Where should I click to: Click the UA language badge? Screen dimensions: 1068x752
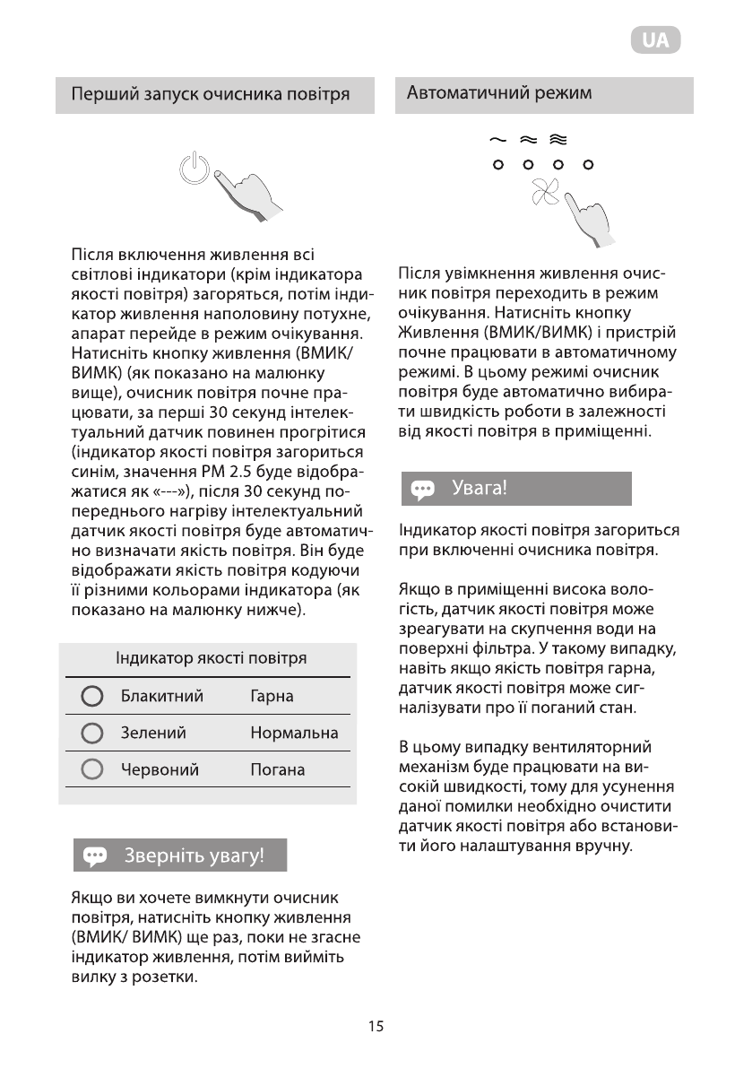pos(655,41)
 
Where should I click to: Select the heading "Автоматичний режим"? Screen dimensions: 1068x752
pos(499,93)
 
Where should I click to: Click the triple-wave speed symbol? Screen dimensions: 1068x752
pos(558,140)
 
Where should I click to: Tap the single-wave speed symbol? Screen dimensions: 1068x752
pos(497,140)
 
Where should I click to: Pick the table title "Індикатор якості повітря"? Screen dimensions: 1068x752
pos(211,658)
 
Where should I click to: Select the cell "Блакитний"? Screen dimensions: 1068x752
pos(162,697)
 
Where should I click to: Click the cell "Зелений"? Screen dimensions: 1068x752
pos(153,733)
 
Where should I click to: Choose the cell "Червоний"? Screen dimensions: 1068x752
pos(160,769)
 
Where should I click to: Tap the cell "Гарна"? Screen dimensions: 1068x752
pos(272,697)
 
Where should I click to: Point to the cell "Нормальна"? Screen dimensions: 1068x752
pos(294,733)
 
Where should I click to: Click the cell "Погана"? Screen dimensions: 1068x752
pos(278,769)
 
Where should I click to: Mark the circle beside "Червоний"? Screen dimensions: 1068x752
pos(92,769)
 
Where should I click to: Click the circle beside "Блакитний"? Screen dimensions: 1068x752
pos(92,697)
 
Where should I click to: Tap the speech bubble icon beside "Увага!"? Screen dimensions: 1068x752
pos(422,490)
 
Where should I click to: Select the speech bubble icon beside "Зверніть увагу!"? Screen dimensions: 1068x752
pos(95,855)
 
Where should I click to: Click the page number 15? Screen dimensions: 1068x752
pos(376,1027)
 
